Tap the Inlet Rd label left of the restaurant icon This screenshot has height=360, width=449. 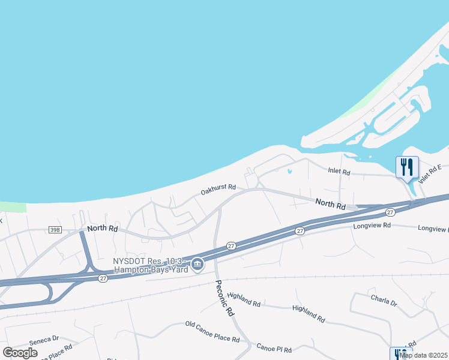(x=339, y=172)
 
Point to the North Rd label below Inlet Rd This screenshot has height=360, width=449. (x=331, y=205)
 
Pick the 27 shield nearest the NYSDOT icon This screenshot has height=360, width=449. (x=231, y=245)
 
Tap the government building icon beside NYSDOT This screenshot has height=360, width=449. (x=197, y=264)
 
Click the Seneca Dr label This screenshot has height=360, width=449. (x=44, y=339)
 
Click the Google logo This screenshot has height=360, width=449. (x=20, y=353)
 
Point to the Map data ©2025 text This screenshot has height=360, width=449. (x=424, y=355)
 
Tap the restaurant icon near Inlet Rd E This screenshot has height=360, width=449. (x=407, y=167)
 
